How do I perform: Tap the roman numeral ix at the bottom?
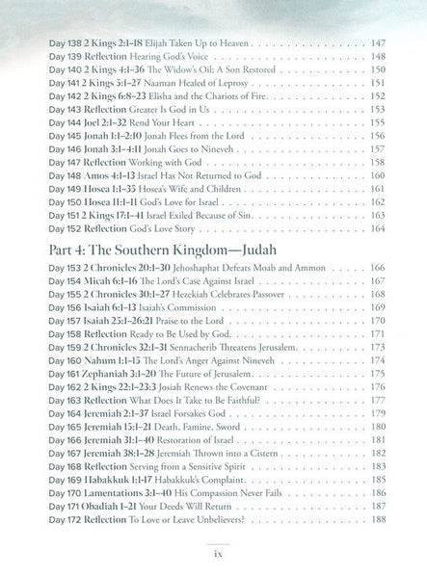coord(214,556)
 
